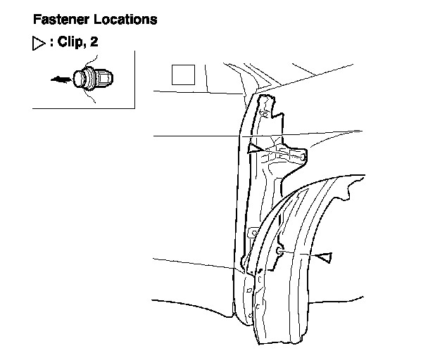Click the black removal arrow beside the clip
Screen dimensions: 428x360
point(63,79)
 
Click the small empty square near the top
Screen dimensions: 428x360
point(184,74)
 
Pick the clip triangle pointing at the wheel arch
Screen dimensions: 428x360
point(323,257)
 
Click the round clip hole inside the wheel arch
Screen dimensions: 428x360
point(280,249)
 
